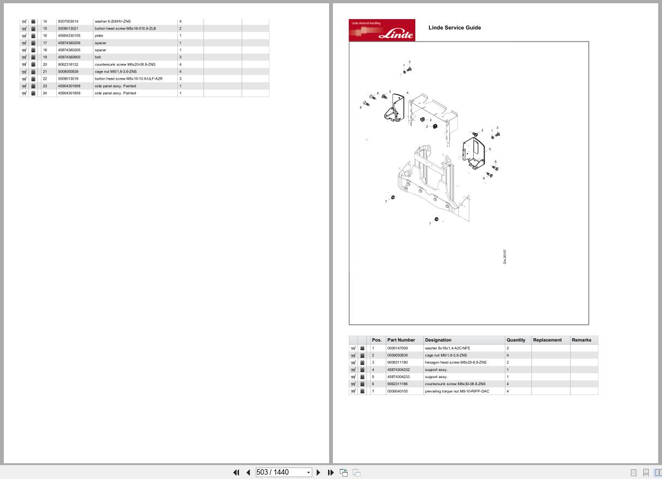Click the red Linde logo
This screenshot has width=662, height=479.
pos(381,31)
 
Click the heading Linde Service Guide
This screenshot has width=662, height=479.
pos(455,28)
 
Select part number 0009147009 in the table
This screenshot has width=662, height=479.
pos(397,348)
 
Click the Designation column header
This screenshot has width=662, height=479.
pos(438,340)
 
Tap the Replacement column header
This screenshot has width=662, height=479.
pos(547,340)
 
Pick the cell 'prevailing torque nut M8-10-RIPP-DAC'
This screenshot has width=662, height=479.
pos(457,391)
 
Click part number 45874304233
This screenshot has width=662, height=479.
pos(398,377)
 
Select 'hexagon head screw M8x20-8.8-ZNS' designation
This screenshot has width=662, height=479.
pos(455,362)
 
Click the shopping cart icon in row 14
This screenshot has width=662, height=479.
pos(24,21)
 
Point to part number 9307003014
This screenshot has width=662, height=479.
pos(68,21)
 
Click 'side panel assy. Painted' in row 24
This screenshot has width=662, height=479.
pos(115,93)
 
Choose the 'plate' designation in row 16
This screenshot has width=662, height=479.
pos(99,35)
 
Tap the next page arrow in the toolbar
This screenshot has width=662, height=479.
pos(319,472)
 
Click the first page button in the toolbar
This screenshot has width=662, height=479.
pos(236,472)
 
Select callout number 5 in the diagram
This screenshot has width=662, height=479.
pos(490,149)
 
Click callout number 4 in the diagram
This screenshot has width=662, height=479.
pos(407,93)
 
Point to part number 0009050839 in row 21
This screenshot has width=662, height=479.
pos(68,71)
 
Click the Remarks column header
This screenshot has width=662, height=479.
pos(581,340)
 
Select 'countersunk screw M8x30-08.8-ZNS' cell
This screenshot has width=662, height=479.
pos(455,384)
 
